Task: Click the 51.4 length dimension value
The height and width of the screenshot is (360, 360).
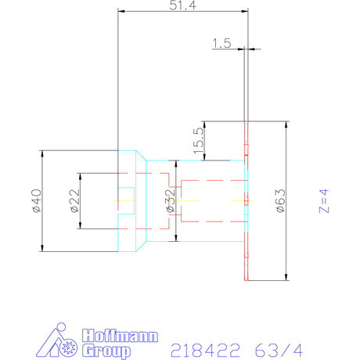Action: click(x=182, y=5)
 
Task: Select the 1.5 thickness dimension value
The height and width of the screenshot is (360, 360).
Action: click(x=221, y=45)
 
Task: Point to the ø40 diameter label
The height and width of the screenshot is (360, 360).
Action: click(x=34, y=200)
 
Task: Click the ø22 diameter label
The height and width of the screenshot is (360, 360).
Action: click(x=74, y=201)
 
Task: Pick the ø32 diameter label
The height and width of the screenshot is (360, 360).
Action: click(x=170, y=200)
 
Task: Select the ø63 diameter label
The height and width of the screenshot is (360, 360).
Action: click(x=279, y=200)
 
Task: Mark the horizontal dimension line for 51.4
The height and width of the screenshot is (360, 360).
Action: click(x=182, y=13)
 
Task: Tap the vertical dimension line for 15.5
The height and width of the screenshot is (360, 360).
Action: click(x=204, y=141)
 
